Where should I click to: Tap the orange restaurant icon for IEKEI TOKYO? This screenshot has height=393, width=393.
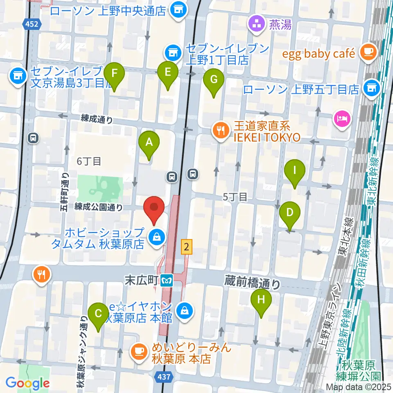click(221, 131)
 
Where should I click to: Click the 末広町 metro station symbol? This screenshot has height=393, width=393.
click(167, 281)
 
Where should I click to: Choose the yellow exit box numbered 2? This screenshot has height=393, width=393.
click(187, 246)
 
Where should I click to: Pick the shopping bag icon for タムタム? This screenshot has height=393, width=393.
click(156, 236)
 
